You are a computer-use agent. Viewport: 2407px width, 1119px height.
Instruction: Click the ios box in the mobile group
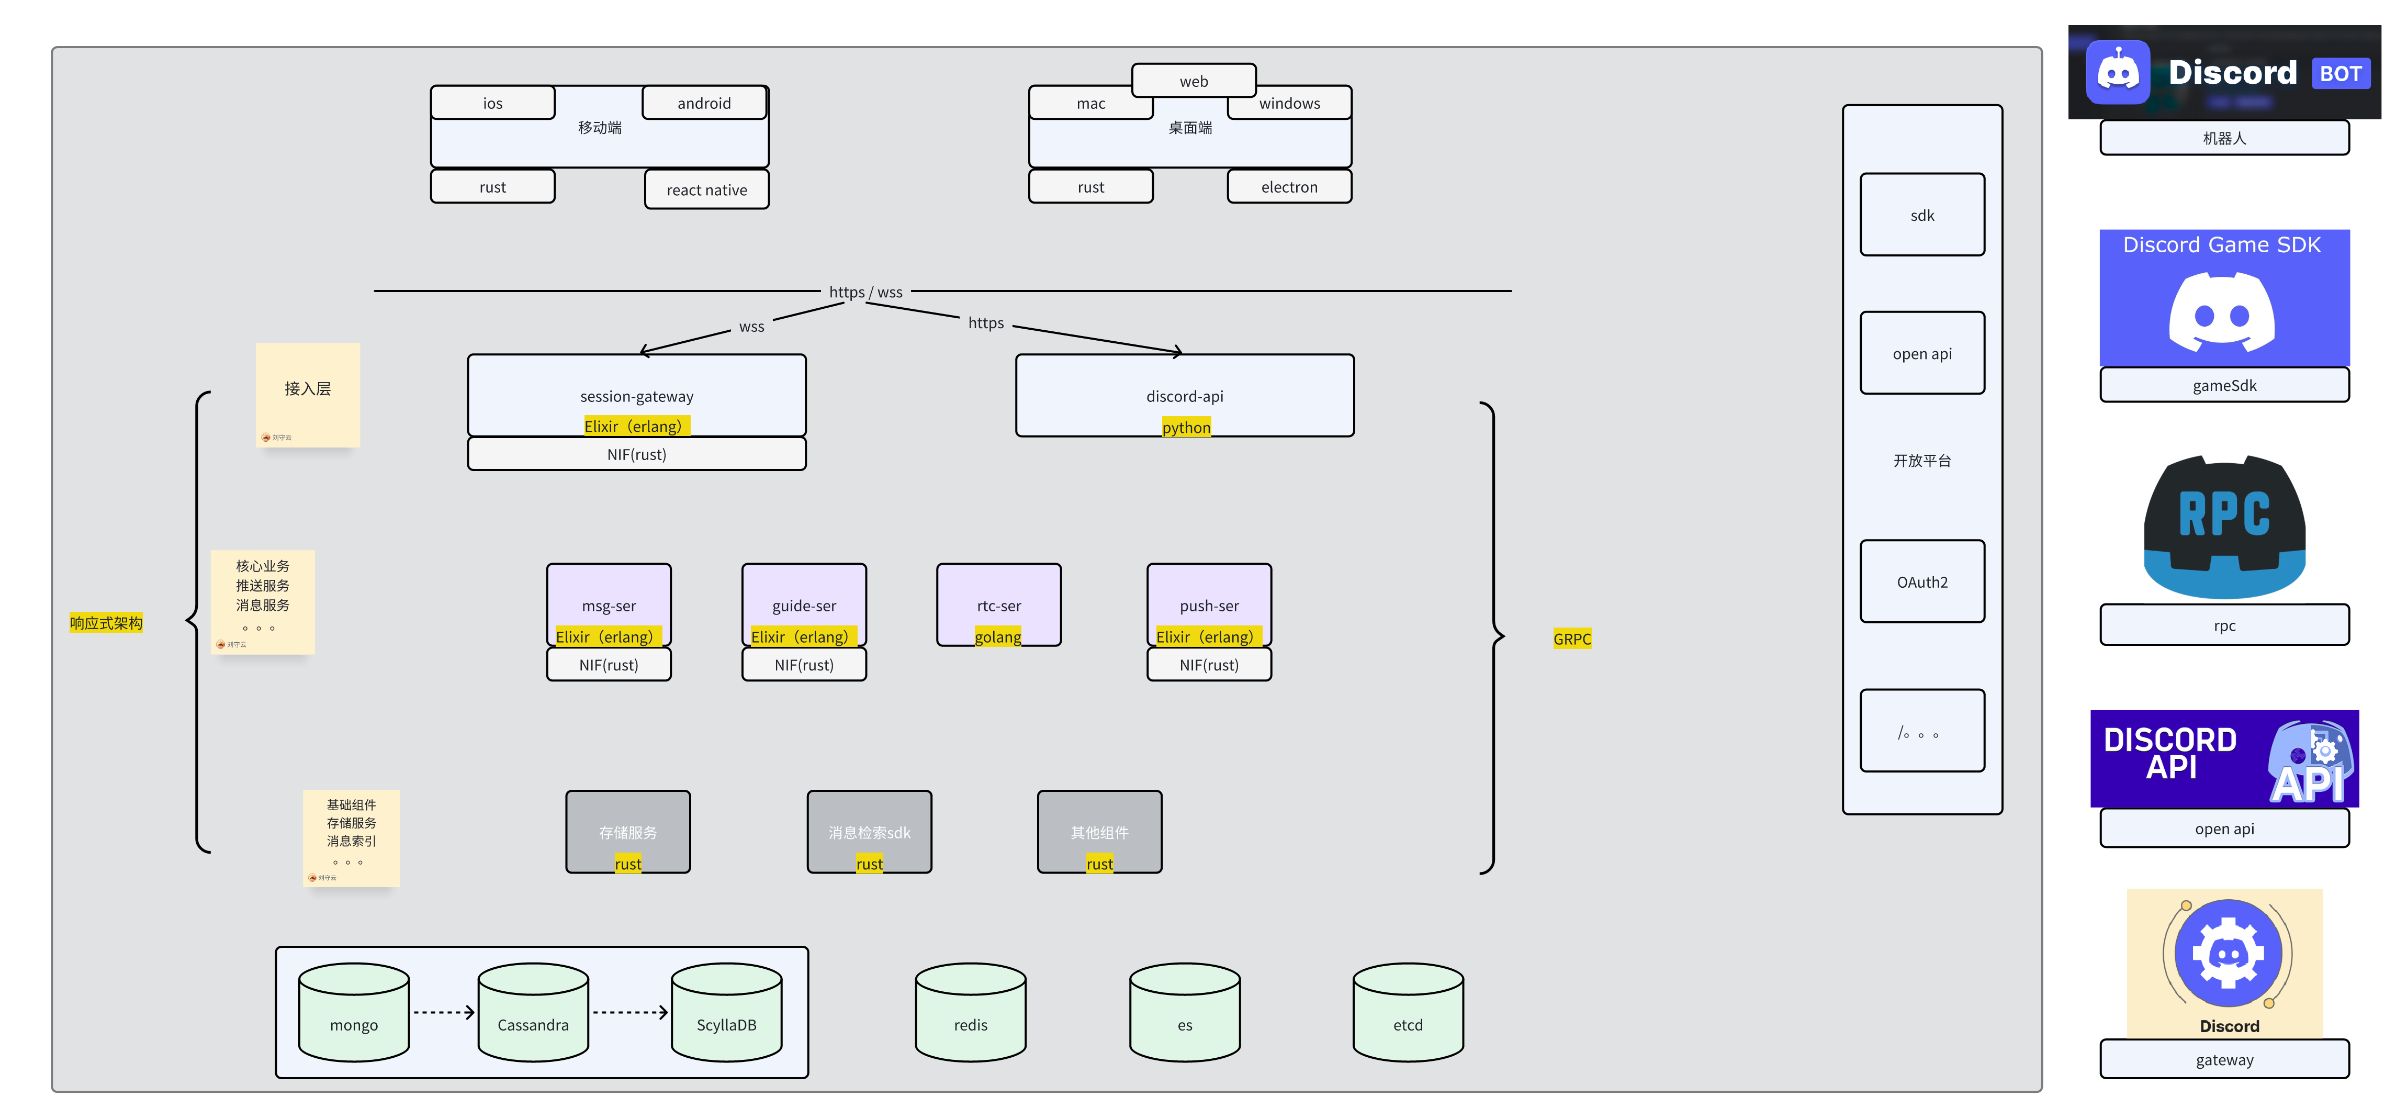(492, 103)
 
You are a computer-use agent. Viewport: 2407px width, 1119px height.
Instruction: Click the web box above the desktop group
(1193, 81)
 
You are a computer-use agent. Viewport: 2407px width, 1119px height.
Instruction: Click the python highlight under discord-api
(1186, 427)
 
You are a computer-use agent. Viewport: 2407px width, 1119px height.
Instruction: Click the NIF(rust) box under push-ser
(1208, 665)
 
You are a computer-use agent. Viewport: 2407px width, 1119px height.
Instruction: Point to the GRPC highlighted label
(1572, 639)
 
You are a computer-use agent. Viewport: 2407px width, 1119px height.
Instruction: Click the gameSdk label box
(2224, 385)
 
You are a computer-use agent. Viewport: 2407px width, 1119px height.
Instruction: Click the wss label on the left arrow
(751, 326)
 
